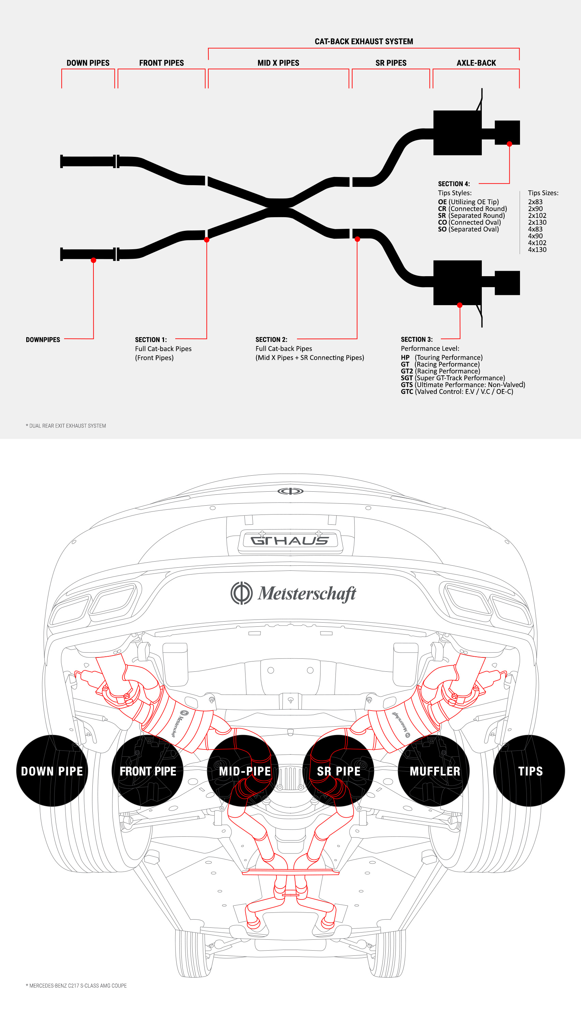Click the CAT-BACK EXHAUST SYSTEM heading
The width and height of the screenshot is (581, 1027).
tap(363, 42)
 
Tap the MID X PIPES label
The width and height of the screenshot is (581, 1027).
tap(278, 63)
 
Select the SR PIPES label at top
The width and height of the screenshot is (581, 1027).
tap(391, 63)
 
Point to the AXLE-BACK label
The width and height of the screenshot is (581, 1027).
tap(476, 63)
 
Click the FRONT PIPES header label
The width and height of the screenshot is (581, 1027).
tap(161, 63)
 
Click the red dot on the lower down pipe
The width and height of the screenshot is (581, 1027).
tap(93, 260)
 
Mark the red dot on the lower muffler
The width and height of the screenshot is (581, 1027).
tap(460, 305)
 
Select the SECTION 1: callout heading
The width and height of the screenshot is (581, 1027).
tap(151, 340)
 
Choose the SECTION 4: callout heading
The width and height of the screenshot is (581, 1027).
tap(454, 184)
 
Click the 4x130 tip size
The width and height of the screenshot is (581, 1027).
tap(537, 250)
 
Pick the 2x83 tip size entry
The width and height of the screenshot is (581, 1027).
tap(535, 202)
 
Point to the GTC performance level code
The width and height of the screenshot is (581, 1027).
tap(407, 391)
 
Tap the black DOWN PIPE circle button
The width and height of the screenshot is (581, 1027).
tap(52, 771)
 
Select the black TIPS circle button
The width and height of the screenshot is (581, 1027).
tap(529, 771)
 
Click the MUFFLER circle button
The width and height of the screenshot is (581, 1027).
tap(434, 771)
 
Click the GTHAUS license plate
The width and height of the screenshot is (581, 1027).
tap(290, 541)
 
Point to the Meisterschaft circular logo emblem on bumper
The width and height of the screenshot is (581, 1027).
tap(241, 593)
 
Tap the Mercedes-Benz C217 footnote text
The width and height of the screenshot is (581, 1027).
tap(76, 985)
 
